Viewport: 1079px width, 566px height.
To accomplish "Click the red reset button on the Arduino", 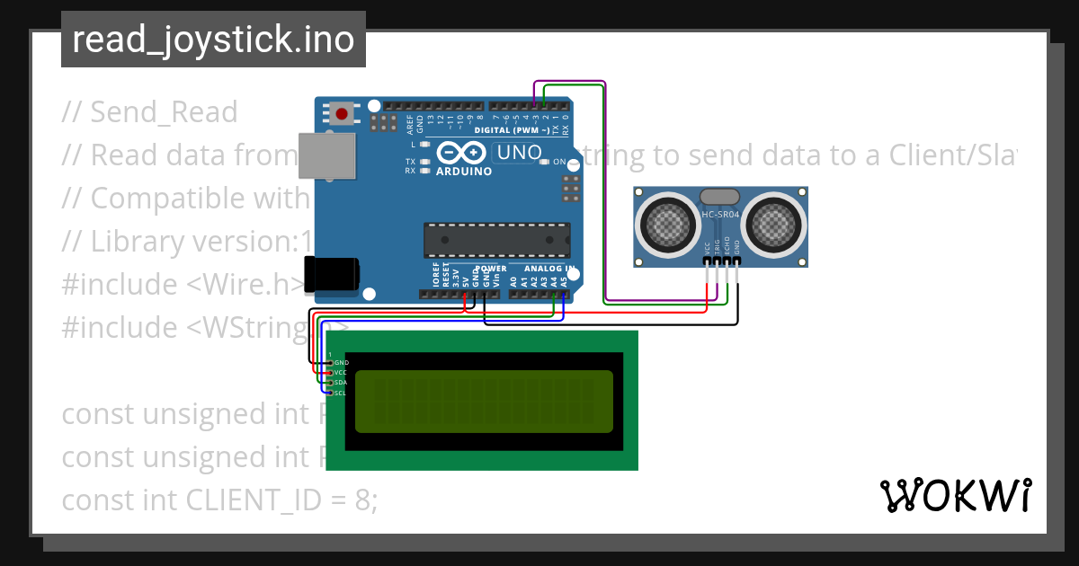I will coord(342,113).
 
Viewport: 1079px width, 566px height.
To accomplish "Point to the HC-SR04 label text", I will coord(720,213).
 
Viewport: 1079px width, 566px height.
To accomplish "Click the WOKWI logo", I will coord(955,495).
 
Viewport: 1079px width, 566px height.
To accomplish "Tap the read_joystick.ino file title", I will coord(213,40).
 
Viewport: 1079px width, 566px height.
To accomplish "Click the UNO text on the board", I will coord(519,153).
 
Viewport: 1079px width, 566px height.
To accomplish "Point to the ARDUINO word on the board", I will coord(464,171).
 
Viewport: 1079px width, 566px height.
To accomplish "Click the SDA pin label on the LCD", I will coord(341,383).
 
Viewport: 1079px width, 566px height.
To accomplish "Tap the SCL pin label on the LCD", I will coord(341,393).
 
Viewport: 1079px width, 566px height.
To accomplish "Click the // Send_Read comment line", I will coord(149,112).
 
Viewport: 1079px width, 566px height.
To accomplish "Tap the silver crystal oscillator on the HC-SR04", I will coord(720,197).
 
